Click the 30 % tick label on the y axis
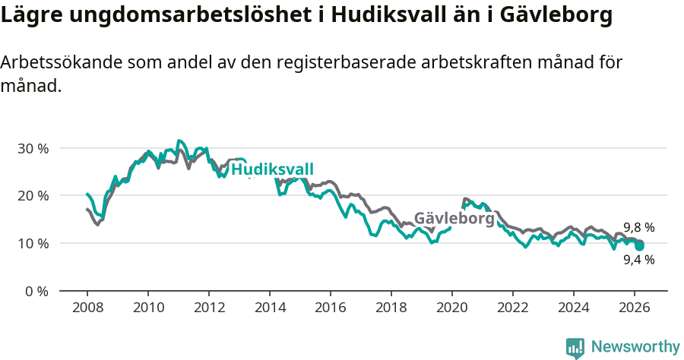33,148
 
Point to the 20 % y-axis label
33,196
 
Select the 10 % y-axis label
33,244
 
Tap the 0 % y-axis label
36,292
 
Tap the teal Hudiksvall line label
272,170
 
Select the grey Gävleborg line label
454,219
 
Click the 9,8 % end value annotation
638,227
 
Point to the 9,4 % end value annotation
638,260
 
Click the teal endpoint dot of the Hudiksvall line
640,246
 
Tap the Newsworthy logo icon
575,348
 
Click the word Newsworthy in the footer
635,347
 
